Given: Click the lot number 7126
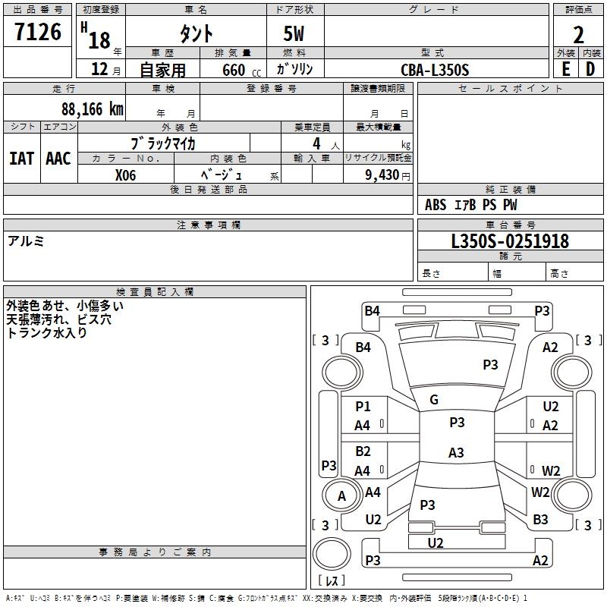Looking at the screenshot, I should coord(38,32).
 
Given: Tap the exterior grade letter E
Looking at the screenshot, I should coord(565,69).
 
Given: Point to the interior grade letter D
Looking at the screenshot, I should coord(590,69).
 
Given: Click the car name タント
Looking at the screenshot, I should coord(195,33).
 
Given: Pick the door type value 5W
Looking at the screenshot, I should coord(294,33).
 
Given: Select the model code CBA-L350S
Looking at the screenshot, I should coord(435,70).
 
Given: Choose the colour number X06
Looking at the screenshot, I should coord(125,175).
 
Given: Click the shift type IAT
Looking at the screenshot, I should coord(21,159).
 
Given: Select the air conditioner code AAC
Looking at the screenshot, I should coord(58,159).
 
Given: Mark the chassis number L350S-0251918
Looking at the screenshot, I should coord(510,241).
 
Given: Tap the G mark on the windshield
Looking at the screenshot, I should coord(434,400).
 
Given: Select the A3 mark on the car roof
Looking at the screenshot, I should coord(456,453).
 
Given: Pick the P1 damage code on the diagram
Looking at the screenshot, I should coord(363,407).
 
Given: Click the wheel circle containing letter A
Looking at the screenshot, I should coord(341,496).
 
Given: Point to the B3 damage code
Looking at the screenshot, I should coord(540,520).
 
